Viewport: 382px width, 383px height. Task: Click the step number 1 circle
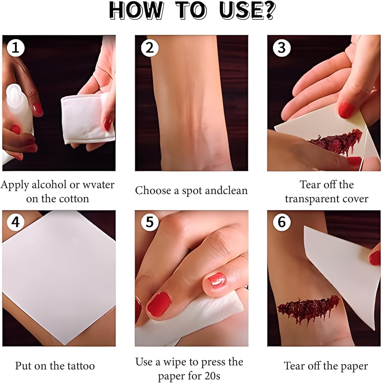pyautogui.click(x=16, y=48)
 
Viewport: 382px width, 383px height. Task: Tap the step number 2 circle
pyautogui.click(x=150, y=48)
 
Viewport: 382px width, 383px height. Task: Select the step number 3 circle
pyautogui.click(x=282, y=48)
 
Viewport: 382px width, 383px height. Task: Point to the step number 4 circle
pyautogui.click(x=16, y=222)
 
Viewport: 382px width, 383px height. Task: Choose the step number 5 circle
pyautogui.click(x=150, y=222)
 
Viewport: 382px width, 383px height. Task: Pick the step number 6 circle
pyautogui.click(x=282, y=222)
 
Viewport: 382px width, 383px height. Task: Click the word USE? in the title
pyautogui.click(x=247, y=10)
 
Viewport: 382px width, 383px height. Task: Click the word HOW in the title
pyautogui.click(x=136, y=10)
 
